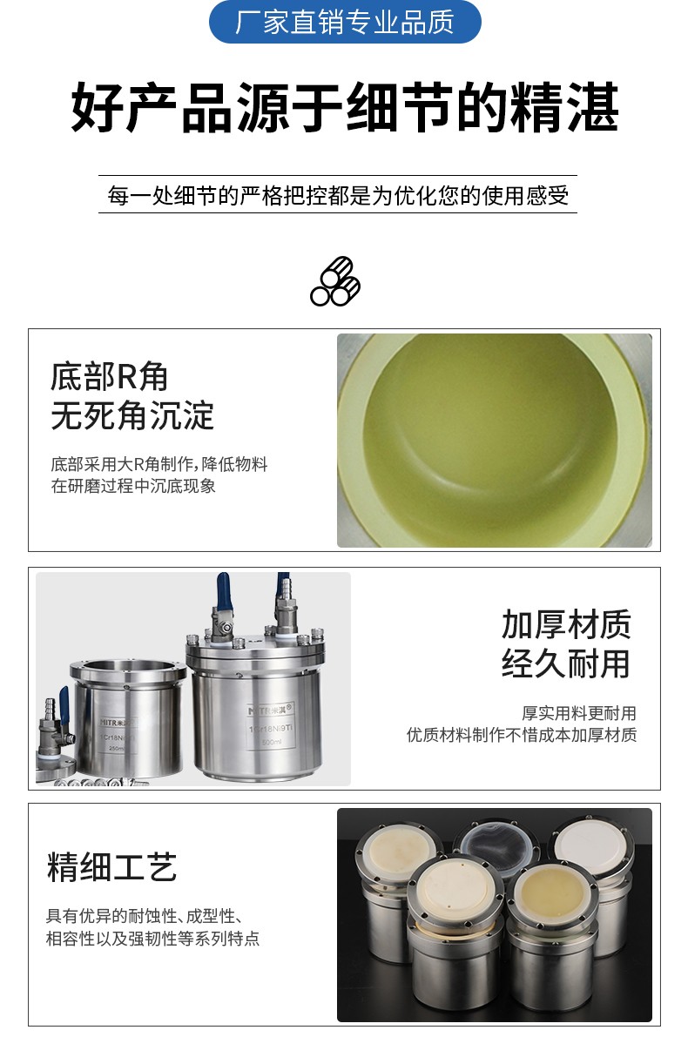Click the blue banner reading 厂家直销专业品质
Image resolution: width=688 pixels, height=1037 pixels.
tap(345, 22)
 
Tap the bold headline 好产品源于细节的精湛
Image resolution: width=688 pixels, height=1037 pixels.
tap(345, 108)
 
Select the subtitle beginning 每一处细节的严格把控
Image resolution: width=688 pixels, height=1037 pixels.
tap(338, 195)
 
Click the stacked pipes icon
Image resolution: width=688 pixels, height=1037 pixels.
tap(335, 281)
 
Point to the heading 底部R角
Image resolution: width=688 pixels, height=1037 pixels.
tap(109, 376)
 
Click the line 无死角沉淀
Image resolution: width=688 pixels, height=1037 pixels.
tap(132, 416)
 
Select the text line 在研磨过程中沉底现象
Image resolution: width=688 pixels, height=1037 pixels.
tap(133, 486)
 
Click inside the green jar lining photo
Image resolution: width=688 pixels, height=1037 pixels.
tap(494, 441)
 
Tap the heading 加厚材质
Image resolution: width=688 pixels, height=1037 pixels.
tap(566, 625)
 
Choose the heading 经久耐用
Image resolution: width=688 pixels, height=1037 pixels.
tap(566, 664)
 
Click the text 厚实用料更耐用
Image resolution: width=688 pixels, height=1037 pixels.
tap(579, 713)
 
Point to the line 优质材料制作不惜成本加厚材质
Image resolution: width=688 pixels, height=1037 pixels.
tap(522, 735)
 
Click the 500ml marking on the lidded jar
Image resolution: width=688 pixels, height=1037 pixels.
tap(271, 742)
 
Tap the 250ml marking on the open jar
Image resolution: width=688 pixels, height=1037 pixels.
tap(117, 748)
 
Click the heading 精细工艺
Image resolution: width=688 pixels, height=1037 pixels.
tap(111, 867)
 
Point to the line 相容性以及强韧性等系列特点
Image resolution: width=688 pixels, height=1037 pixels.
tap(152, 939)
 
